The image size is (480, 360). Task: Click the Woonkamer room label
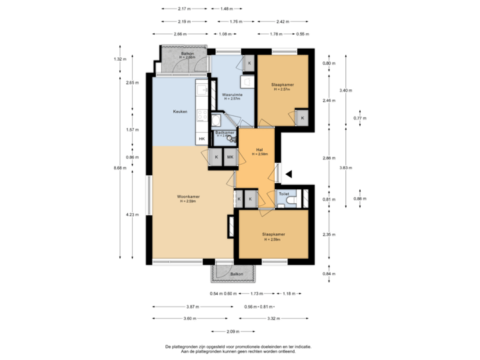tap(189, 197)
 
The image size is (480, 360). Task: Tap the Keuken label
tap(179, 111)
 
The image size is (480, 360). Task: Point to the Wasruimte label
tap(232, 95)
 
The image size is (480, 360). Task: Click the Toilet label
tap(284, 194)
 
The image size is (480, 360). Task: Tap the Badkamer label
tap(226, 133)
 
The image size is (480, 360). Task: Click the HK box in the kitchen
tap(202, 139)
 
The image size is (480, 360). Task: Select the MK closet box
tap(230, 157)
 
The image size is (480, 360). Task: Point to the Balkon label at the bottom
tap(236, 274)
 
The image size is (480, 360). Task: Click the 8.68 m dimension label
tap(119, 167)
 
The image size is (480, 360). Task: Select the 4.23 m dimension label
tap(131, 215)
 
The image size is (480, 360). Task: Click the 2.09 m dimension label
tap(233, 331)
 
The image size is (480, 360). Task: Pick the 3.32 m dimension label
tap(273, 319)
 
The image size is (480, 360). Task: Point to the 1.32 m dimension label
tap(119, 59)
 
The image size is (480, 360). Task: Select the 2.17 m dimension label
tap(185, 9)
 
